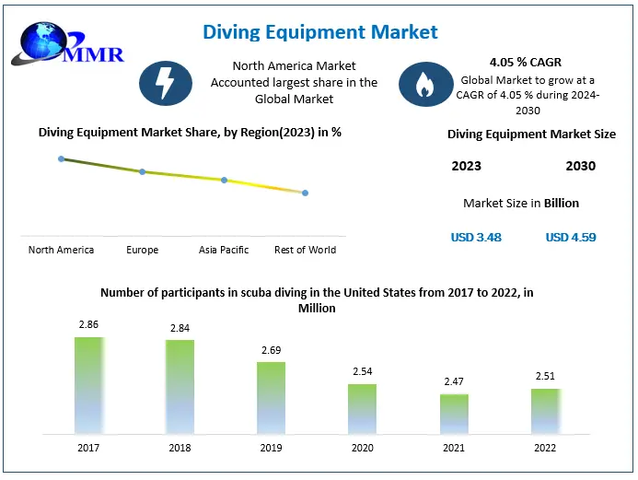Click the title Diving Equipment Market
(x=320, y=32)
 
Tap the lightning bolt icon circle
(x=165, y=84)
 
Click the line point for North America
(x=62, y=158)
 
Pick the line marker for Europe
(x=142, y=171)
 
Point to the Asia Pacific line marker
(x=224, y=180)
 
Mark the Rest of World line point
(x=305, y=193)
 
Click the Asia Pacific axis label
(x=224, y=250)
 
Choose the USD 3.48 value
(x=476, y=237)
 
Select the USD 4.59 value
(x=571, y=237)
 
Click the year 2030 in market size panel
(x=580, y=166)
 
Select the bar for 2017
(x=89, y=385)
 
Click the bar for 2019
(x=272, y=397)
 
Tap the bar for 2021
(x=454, y=414)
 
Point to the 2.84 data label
(x=180, y=328)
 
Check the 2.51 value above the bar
(x=545, y=376)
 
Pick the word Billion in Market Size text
(x=562, y=203)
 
